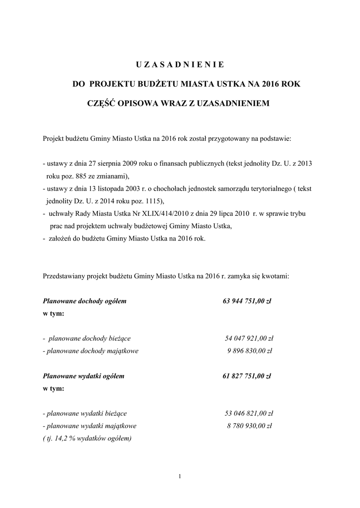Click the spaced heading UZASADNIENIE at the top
180,64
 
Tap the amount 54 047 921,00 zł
249,339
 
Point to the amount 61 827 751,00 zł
246,377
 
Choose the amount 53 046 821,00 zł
249,414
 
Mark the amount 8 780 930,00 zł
251,426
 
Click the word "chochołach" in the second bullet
154,189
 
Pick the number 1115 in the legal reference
151,201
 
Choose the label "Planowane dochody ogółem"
85,301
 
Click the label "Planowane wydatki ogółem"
83,377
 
